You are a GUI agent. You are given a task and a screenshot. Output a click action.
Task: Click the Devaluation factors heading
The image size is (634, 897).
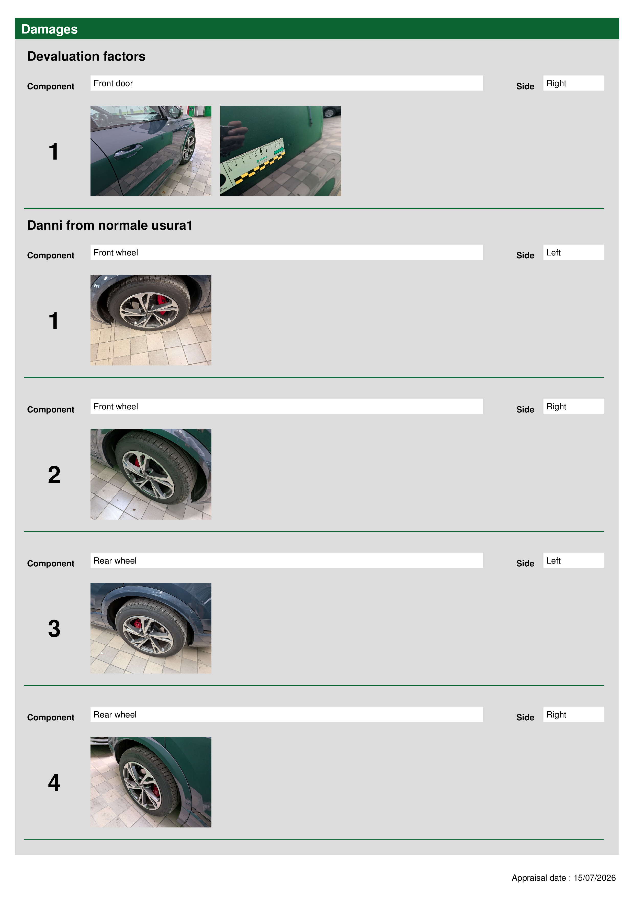[x=86, y=56]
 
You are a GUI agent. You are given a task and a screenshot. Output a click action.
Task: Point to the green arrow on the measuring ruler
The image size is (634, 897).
[x=279, y=150]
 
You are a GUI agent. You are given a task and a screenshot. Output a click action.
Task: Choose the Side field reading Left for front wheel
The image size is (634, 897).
[x=573, y=252]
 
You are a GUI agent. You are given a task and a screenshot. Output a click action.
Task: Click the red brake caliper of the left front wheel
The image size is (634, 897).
[x=162, y=305]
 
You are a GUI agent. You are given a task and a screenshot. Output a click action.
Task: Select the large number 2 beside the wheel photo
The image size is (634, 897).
[x=54, y=475]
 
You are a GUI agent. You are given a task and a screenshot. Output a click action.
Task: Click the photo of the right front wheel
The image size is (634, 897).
[x=151, y=474]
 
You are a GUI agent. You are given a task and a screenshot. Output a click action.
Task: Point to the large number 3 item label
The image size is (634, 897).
[x=54, y=629]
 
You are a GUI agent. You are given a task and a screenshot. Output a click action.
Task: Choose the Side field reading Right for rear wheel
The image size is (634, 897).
[x=573, y=714]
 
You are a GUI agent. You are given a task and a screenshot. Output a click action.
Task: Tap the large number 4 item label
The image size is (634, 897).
[x=54, y=782]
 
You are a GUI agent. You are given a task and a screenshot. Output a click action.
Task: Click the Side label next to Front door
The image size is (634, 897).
[x=525, y=86]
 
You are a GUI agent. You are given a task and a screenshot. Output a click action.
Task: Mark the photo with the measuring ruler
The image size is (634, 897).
[x=280, y=151]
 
